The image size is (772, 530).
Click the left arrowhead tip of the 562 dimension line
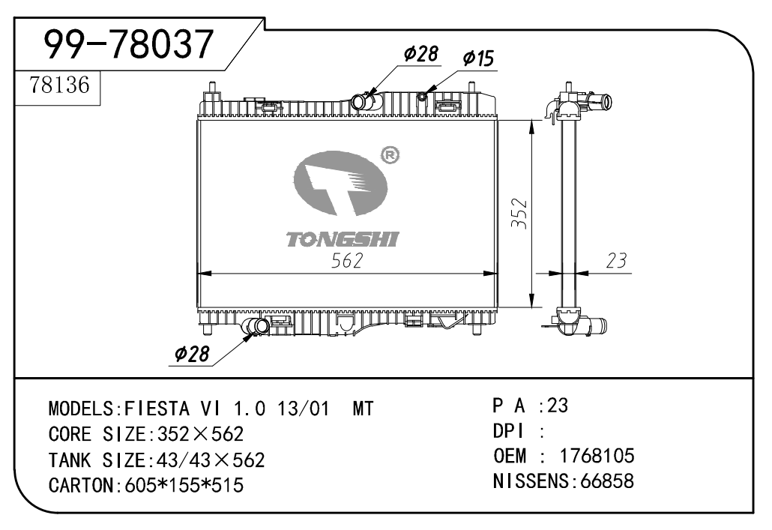(197, 273)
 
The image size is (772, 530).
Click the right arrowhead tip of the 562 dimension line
(497, 273)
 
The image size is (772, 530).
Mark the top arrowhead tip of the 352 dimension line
(531, 120)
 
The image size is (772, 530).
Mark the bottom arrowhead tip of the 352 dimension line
(531, 308)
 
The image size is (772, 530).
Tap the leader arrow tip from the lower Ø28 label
(256, 331)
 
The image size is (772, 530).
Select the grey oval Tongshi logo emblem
(340, 183)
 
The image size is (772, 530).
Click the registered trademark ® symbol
(390, 155)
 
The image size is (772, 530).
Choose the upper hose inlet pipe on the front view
(362, 101)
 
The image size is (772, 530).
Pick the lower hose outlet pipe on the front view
(256, 325)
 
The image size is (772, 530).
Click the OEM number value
(597, 456)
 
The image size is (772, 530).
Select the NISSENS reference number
(607, 481)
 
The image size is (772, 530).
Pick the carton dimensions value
(184, 486)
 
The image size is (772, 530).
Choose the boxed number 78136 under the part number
(59, 85)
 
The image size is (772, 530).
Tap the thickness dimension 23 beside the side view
(616, 261)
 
